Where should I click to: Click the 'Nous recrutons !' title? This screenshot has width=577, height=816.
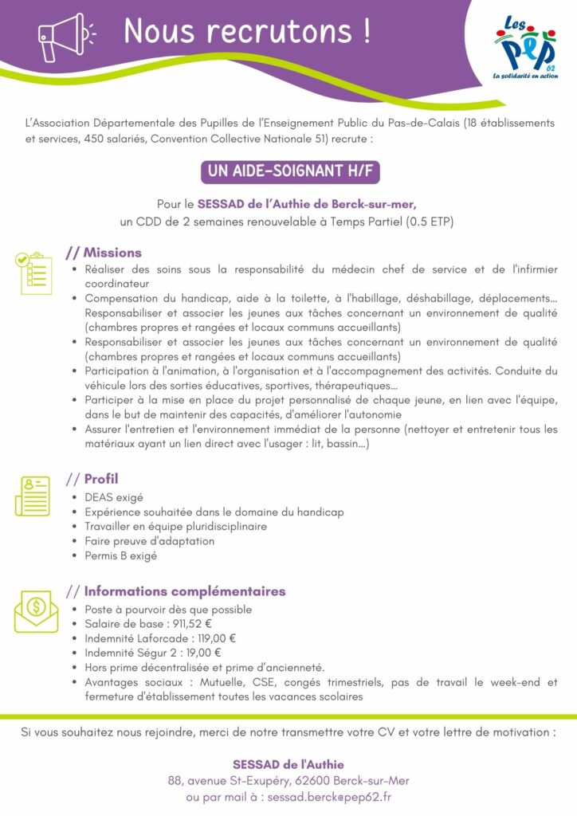[247, 31]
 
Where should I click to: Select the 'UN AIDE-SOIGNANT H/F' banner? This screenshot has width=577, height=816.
[288, 171]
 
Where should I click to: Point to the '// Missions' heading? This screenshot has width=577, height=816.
[104, 253]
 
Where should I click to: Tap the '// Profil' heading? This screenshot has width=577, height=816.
[92, 479]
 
